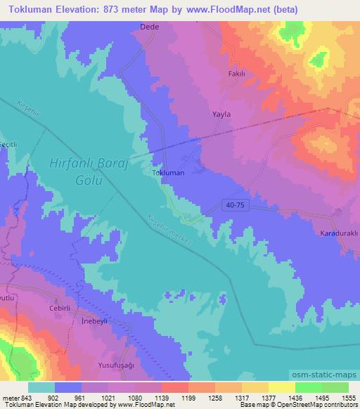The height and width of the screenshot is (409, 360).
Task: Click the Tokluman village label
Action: coord(168,171)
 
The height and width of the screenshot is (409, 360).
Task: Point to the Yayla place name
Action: coord(221,114)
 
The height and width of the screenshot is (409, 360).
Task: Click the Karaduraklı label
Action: coord(340,233)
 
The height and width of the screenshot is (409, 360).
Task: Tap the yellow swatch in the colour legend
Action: coord(281,387)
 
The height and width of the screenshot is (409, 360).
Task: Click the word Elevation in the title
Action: coord(81,9)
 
